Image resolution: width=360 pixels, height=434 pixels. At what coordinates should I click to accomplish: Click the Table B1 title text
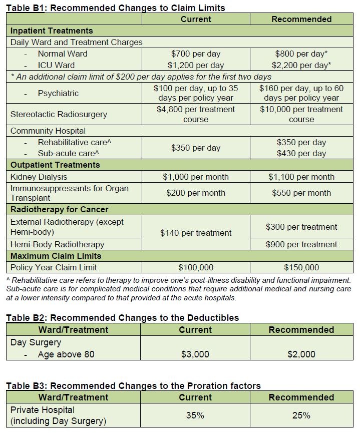click(116, 8)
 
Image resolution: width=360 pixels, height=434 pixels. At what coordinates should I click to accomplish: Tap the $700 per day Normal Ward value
click(196, 54)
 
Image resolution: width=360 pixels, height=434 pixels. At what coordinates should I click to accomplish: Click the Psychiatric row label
click(58, 93)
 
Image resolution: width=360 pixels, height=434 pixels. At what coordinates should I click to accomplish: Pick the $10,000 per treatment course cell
click(301, 114)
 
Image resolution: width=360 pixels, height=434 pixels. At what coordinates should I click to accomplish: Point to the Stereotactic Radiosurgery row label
click(59, 114)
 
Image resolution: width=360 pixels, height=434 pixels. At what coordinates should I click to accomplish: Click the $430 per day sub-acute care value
click(301, 154)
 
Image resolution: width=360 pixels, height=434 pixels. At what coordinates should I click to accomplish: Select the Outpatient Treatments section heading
click(55, 165)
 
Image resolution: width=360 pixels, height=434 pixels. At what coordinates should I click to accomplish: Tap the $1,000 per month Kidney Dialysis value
click(196, 177)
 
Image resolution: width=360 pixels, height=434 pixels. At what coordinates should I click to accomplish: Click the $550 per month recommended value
click(301, 193)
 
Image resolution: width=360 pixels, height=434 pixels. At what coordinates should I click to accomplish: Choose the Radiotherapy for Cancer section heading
click(60, 209)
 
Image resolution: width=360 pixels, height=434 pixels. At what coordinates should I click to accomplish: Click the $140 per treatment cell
click(196, 233)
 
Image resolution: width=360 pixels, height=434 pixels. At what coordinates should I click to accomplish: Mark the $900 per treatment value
click(301, 244)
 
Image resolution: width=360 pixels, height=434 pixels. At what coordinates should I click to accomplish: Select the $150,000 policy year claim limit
click(301, 267)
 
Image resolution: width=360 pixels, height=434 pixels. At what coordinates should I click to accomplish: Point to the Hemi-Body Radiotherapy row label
click(58, 244)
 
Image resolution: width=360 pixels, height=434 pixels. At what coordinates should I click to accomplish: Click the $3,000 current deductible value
click(196, 354)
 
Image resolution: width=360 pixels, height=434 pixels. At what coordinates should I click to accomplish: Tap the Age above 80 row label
click(66, 354)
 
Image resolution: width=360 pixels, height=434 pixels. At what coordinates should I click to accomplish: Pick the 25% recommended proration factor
click(301, 415)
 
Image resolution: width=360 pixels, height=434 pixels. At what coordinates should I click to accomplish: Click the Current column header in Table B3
click(196, 397)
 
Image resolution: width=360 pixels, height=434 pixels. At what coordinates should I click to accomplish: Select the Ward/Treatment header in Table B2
click(73, 330)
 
